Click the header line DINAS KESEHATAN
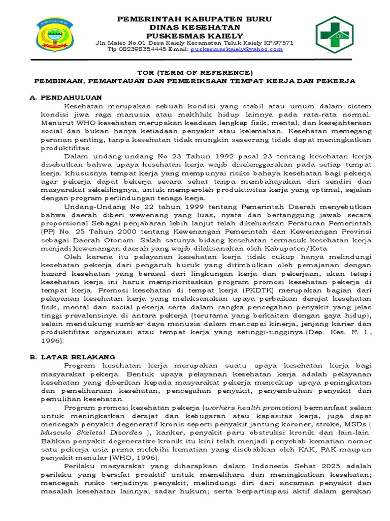tap(195, 27)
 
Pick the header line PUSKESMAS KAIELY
tap(195, 35)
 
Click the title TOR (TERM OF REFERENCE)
tap(195, 72)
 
